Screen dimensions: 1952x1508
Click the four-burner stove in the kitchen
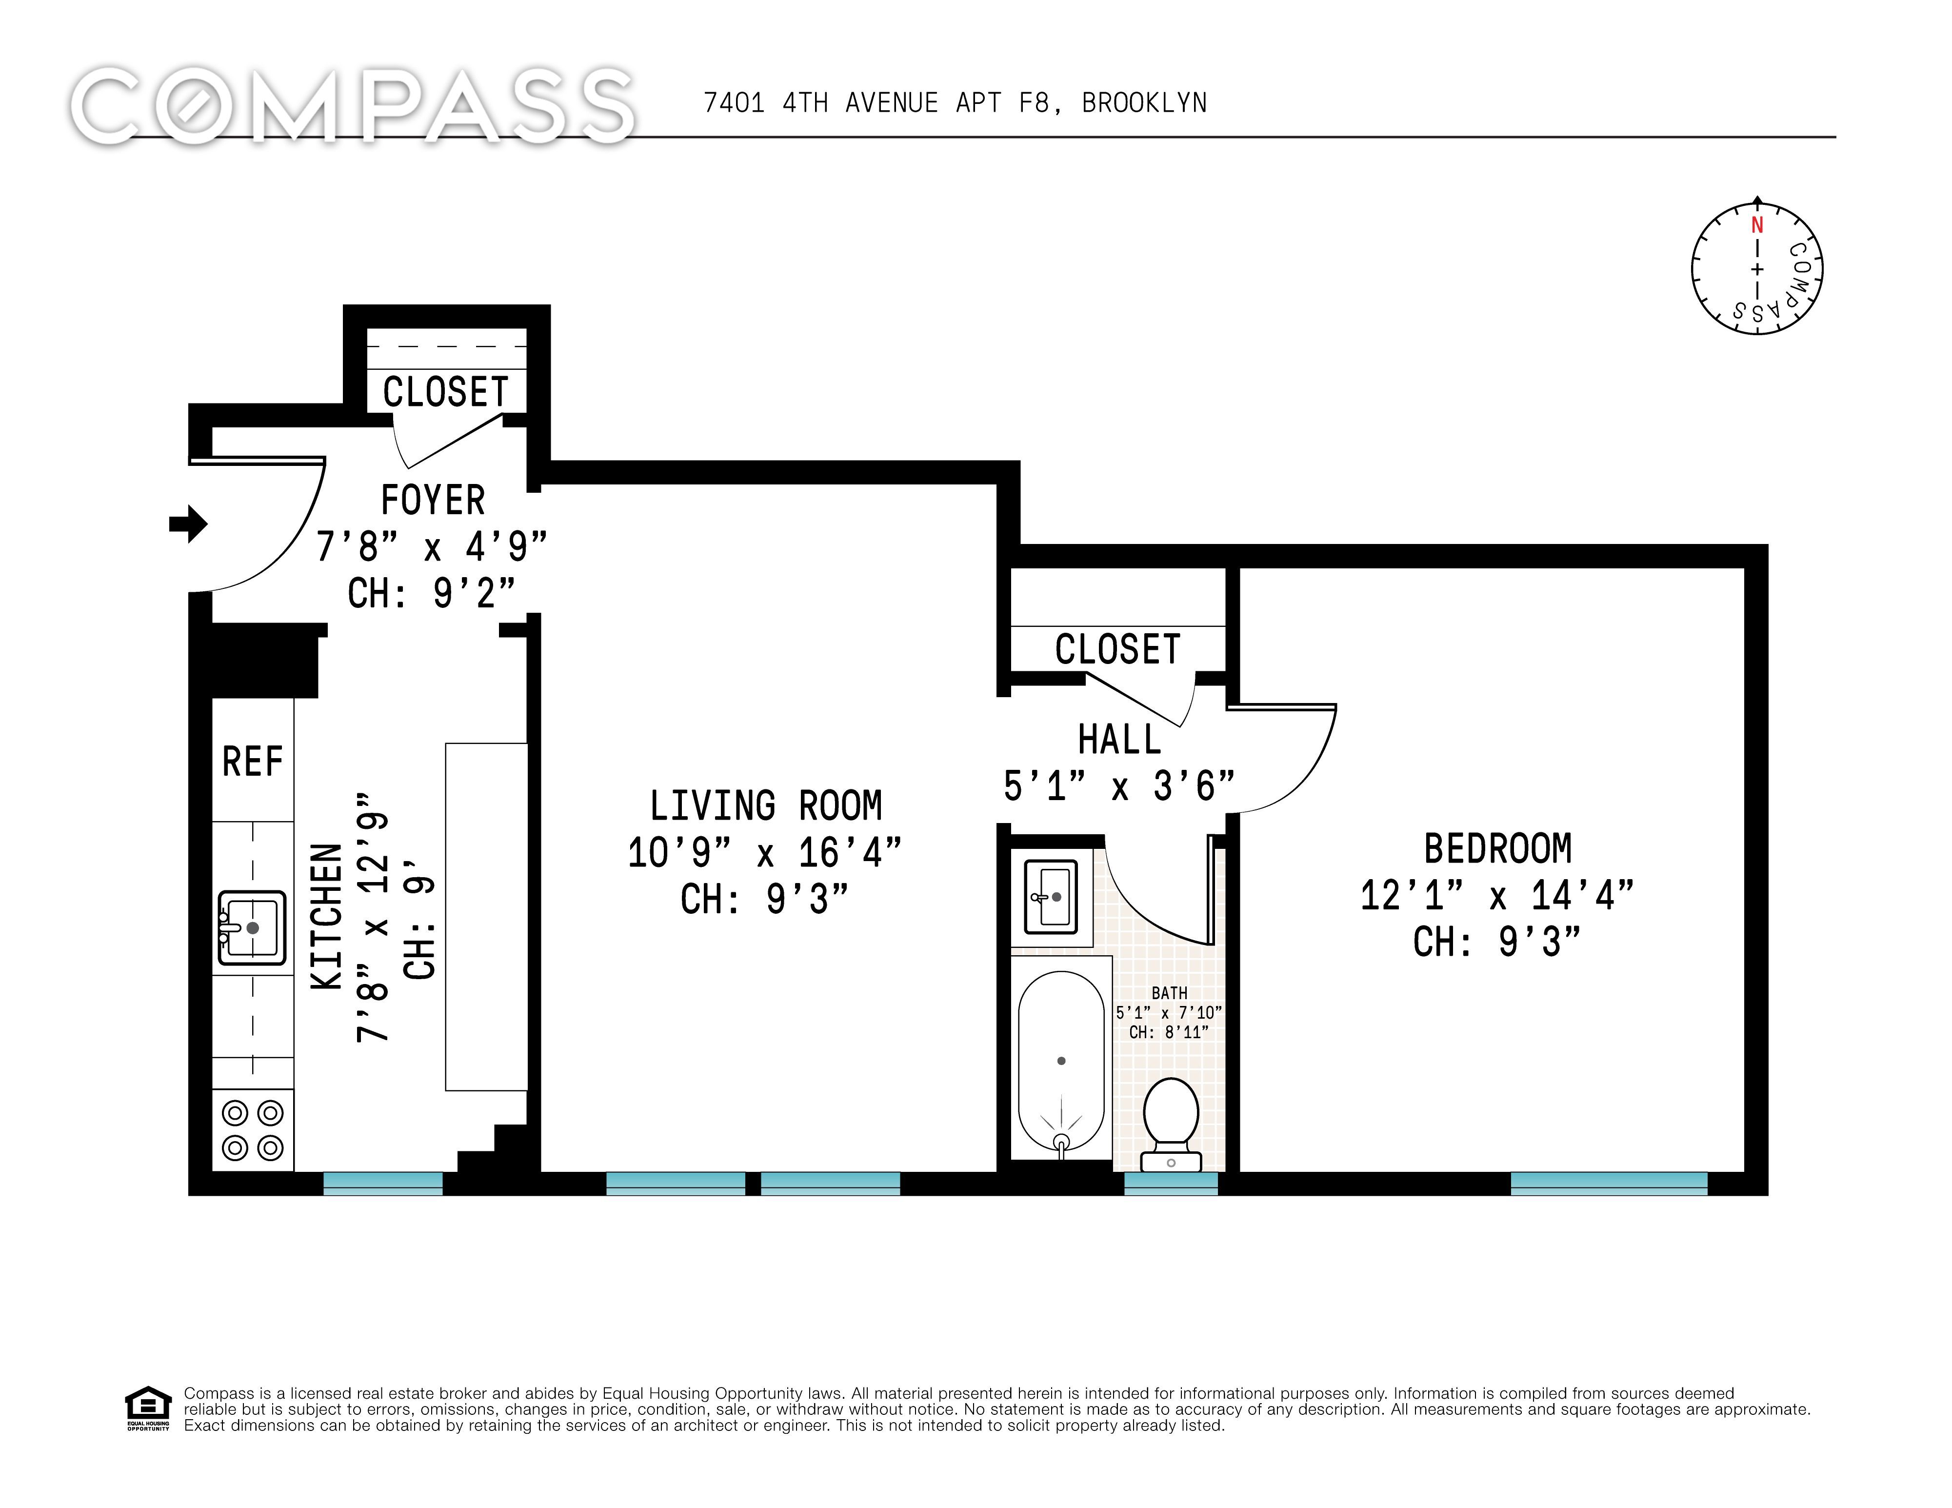(253, 1130)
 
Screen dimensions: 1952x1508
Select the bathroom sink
(1051, 897)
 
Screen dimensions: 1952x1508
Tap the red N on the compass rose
(1757, 225)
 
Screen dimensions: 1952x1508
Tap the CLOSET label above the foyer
(445, 392)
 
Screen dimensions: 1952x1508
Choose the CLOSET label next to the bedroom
(1117, 649)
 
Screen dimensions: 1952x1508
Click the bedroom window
(1609, 1184)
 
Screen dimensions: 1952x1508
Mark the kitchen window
(382, 1184)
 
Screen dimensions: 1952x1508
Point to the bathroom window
(1171, 1184)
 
